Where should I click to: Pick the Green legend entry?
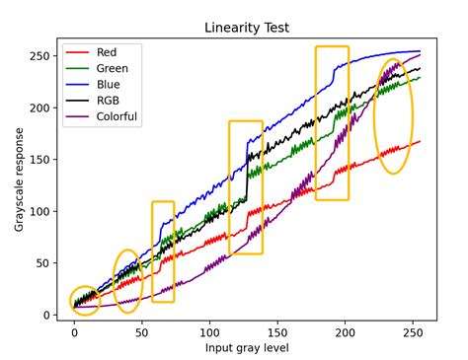[113, 70]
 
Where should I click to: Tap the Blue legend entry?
[110, 86]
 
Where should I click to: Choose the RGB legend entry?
[109, 101]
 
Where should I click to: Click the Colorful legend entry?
[117, 116]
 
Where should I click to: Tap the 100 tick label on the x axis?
[208, 333]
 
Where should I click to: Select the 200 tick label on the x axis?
[344, 333]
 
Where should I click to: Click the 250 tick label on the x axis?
[412, 333]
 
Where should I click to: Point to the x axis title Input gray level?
[247, 348]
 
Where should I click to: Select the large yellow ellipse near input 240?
[393, 115]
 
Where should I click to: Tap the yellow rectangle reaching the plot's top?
[332, 123]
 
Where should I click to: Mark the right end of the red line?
[420, 141]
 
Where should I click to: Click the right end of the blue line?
[420, 51]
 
